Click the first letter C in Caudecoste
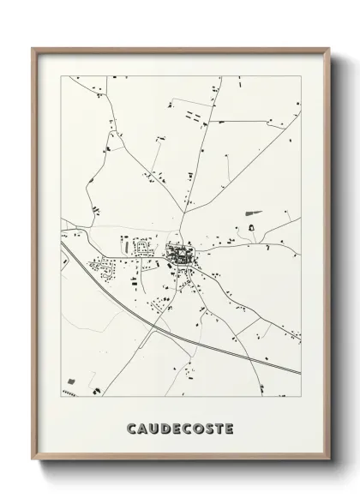click(131, 426)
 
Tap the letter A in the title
click(143, 426)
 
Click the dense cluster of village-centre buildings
click(180, 254)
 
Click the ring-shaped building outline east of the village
click(252, 227)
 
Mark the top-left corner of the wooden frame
click(33, 48)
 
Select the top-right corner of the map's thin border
click(302, 75)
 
